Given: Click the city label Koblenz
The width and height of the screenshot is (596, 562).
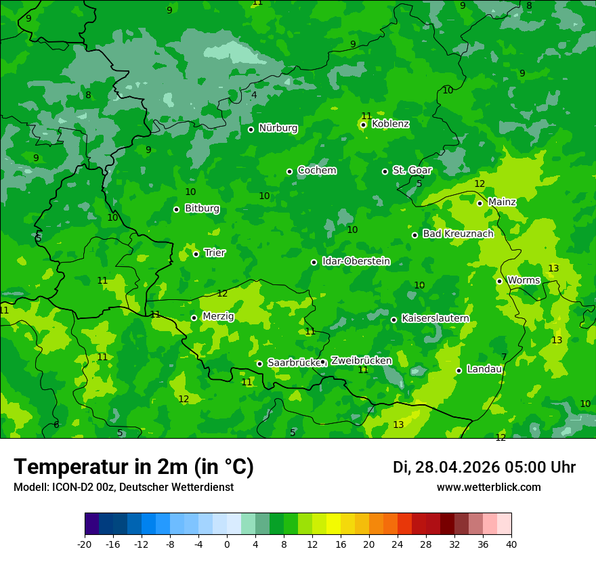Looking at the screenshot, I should coord(390,124).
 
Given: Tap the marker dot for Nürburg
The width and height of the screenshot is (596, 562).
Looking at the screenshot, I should coord(251,129).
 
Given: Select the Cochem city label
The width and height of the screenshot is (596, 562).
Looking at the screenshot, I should coord(316,171).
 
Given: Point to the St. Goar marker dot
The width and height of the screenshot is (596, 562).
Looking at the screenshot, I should coord(385,171).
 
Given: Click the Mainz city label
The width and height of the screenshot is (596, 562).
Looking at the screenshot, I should coord(502,202).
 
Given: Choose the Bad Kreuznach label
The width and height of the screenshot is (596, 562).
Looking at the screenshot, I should coord(458,234).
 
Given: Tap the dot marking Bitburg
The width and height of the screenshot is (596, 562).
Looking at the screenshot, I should coord(176,209).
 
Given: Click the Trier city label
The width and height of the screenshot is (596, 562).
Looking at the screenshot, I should coord(215,253).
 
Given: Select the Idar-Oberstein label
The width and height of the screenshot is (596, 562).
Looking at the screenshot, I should coord(356,261).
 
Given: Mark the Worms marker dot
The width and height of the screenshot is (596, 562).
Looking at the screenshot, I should coord(499,281).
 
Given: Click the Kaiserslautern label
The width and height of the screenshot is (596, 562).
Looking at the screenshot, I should coord(435,318).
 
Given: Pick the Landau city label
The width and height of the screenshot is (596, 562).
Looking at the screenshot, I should coord(484,370).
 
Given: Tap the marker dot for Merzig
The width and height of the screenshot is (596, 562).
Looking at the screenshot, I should coord(194,318).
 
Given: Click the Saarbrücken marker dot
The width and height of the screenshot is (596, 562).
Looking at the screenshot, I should coord(259,364).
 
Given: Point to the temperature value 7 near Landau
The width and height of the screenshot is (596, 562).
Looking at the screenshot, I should coord(504,357).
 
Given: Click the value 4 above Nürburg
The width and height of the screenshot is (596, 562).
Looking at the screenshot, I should coord(254,95).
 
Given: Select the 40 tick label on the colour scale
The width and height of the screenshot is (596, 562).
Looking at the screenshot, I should coord(511,544).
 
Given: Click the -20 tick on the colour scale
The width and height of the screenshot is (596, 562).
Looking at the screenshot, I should coord(85,544).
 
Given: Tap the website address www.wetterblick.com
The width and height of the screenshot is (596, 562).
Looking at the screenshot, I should coord(488,488).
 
